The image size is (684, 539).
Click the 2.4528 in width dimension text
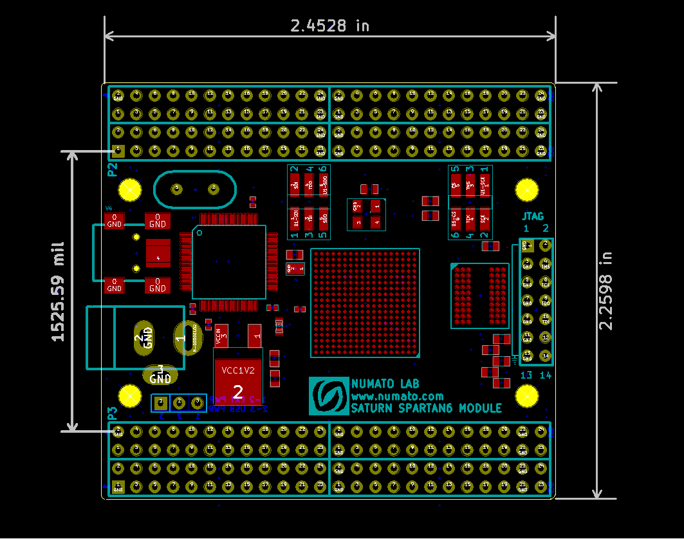click(329, 26)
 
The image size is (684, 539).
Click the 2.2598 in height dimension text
click(606, 290)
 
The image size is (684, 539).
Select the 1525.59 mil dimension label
click(58, 291)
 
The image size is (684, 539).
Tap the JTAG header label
click(533, 216)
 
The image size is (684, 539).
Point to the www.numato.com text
click(397, 396)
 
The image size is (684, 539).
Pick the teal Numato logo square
click(328, 395)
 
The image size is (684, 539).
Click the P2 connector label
click(112, 170)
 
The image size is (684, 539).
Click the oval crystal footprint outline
click(194, 188)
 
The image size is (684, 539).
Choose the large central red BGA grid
click(365, 303)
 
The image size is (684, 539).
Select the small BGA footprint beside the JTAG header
click(479, 296)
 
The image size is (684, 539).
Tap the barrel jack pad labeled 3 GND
click(160, 375)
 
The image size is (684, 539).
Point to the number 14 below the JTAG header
click(545, 375)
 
